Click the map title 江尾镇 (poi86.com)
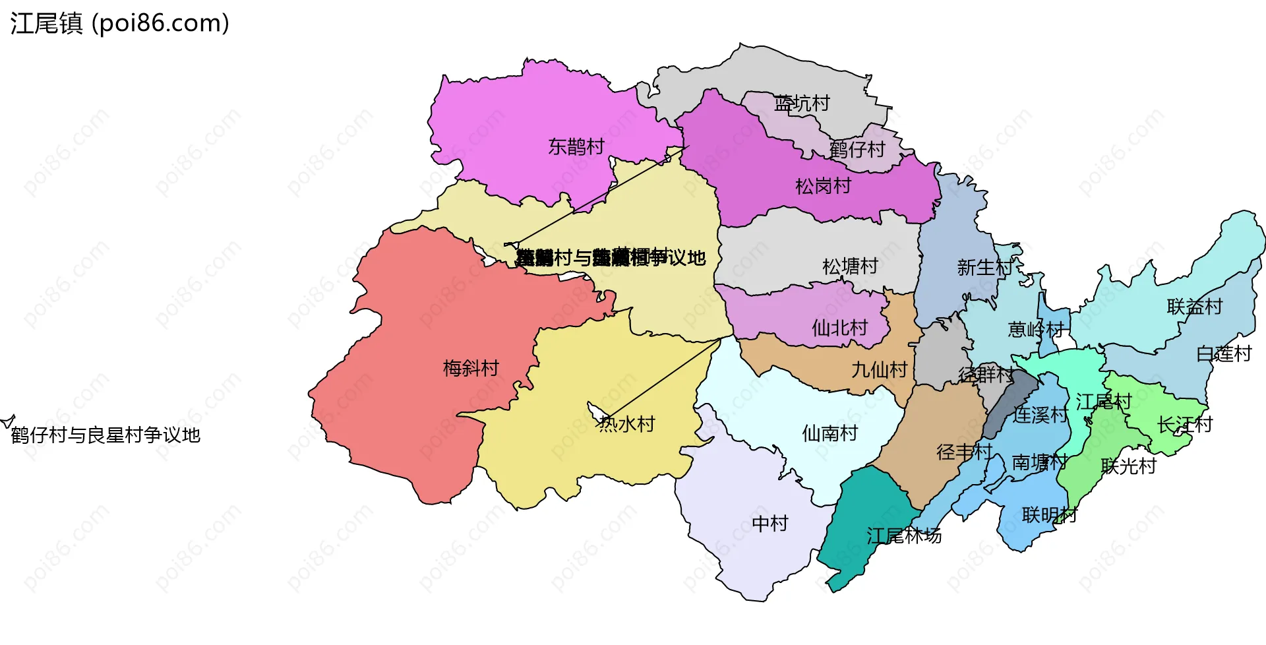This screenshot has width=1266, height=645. [119, 23]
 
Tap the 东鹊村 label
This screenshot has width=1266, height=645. [576, 146]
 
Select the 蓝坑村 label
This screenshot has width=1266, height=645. [802, 104]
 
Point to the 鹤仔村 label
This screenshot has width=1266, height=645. [857, 150]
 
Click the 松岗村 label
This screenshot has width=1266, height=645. [823, 187]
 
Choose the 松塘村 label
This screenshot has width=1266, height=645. [850, 266]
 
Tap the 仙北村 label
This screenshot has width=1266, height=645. [839, 328]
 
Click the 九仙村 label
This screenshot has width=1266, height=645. [879, 370]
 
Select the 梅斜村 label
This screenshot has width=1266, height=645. [471, 368]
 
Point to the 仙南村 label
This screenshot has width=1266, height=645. [829, 433]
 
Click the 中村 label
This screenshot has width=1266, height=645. [770, 524]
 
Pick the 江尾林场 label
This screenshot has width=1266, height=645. [903, 536]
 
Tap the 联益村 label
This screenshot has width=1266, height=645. [1194, 307]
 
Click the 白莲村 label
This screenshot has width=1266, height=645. [1223, 354]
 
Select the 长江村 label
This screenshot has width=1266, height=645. [1185, 425]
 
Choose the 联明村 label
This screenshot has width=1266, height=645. [1049, 515]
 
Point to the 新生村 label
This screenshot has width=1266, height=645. [984, 268]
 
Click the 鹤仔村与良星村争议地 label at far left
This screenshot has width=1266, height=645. [105, 435]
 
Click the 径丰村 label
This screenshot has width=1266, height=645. [964, 452]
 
